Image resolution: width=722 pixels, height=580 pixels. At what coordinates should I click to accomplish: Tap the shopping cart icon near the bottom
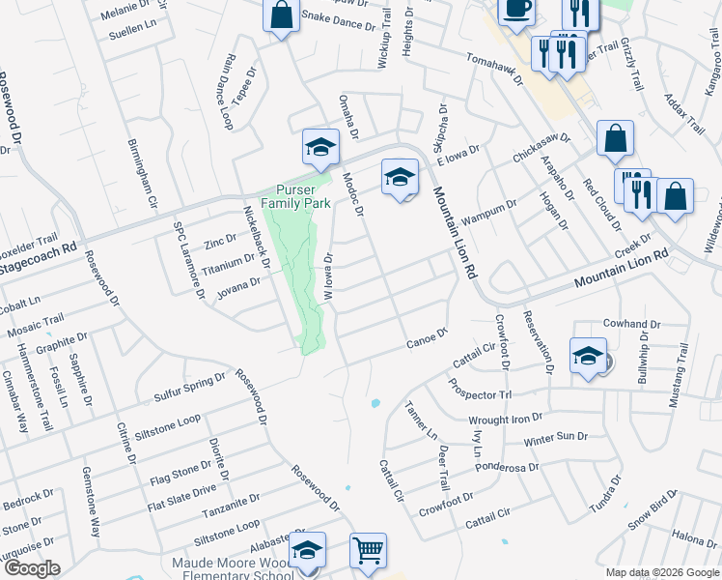click(x=368, y=551)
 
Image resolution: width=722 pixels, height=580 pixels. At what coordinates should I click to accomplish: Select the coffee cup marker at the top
click(x=516, y=9)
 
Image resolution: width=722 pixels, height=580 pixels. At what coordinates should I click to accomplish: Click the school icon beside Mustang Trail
click(x=587, y=356)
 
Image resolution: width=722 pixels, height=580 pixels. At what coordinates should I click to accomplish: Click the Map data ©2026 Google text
click(x=661, y=572)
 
